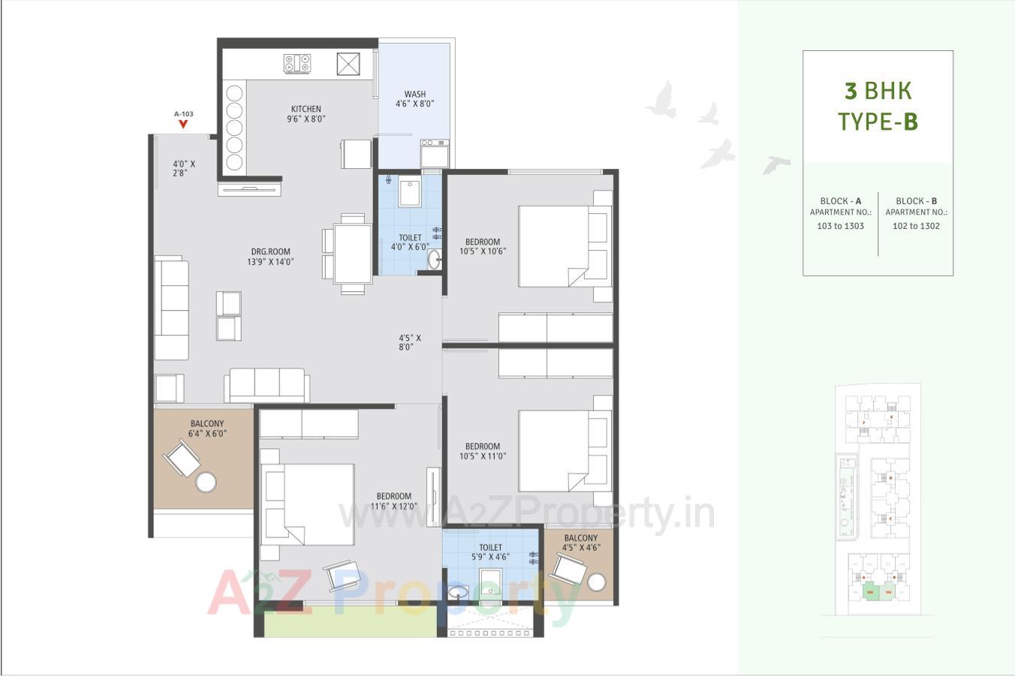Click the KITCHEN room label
(306, 109)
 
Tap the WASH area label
(414, 95)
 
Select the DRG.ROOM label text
(270, 252)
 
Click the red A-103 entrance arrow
(183, 124)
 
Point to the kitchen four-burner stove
(297, 65)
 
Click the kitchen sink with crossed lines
(349, 65)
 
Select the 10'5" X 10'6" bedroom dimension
(483, 251)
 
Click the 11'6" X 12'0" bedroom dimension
(393, 506)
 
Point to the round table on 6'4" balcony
(206, 482)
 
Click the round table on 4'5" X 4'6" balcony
(598, 582)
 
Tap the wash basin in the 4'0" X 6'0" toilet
(435, 260)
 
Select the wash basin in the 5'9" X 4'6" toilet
(456, 594)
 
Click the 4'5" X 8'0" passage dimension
(409, 343)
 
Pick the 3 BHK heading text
(878, 91)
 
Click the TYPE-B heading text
(878, 121)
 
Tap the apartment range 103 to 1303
(840, 226)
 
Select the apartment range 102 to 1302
(916, 226)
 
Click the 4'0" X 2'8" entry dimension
(183, 168)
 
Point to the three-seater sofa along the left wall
(171, 308)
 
